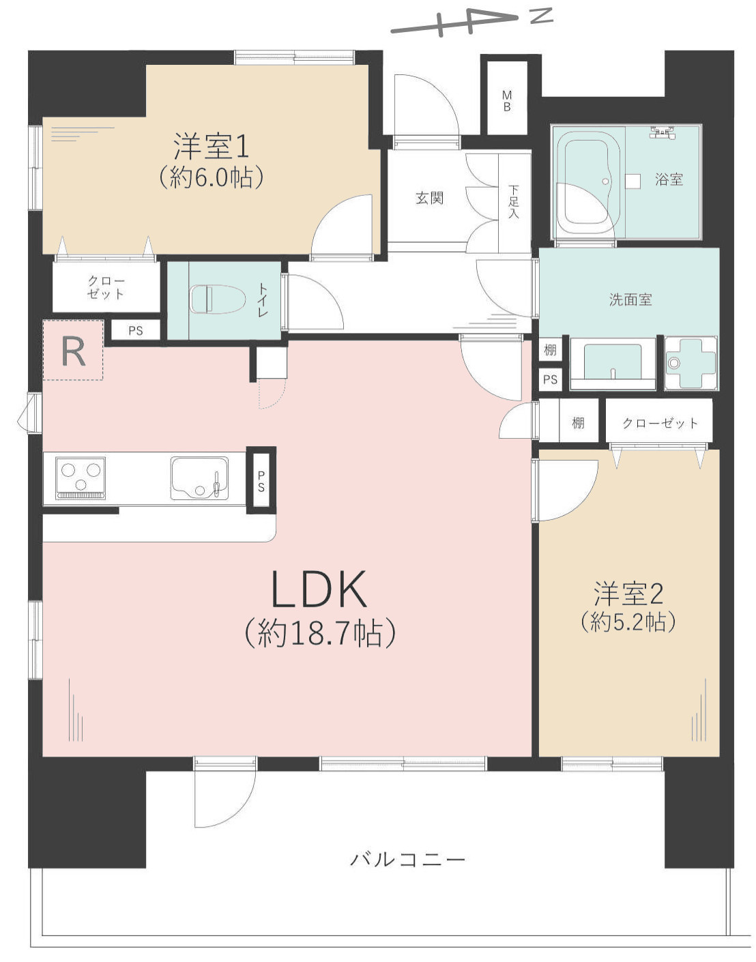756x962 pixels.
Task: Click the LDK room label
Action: (319, 589)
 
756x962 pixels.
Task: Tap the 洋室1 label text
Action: (211, 146)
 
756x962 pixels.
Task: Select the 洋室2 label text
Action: (628, 594)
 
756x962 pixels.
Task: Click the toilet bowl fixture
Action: (218, 300)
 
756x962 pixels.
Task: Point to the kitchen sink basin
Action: (200, 478)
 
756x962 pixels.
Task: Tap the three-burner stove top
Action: (81, 478)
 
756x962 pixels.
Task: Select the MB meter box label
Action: (507, 100)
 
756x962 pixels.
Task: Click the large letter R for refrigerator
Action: (74, 351)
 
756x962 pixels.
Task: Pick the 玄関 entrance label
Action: (429, 198)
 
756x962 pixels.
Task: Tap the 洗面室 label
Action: (630, 300)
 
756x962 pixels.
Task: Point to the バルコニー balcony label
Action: (407, 860)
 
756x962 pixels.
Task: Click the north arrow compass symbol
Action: (472, 23)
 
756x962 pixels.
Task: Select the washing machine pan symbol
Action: (691, 363)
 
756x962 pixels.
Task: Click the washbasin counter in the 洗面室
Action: (613, 364)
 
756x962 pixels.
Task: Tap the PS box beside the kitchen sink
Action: (261, 480)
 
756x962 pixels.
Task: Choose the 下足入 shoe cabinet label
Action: (514, 202)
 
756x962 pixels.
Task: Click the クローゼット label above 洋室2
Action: (660, 423)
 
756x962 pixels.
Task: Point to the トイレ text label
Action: (263, 301)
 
